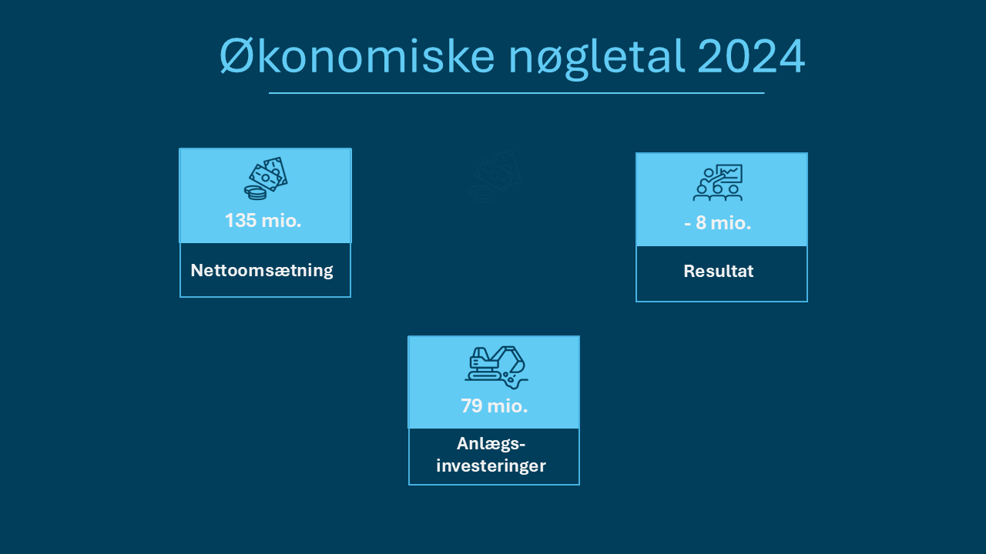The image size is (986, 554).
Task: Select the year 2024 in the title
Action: pyautogui.click(x=751, y=57)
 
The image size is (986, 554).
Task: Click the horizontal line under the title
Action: pyautogui.click(x=516, y=93)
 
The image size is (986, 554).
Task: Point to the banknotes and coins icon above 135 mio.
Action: pyautogui.click(x=266, y=179)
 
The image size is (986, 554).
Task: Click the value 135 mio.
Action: pyautogui.click(x=263, y=221)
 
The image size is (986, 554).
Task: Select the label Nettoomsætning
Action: pyautogui.click(x=262, y=270)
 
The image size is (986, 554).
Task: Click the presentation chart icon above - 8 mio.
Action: pyautogui.click(x=718, y=182)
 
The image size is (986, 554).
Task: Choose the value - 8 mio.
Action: pyautogui.click(x=718, y=223)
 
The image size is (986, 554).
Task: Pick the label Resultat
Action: pyautogui.click(x=719, y=272)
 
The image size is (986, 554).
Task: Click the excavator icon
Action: pyautogui.click(x=496, y=365)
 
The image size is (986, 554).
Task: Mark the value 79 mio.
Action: pyautogui.click(x=495, y=406)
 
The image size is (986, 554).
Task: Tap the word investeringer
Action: pyautogui.click(x=491, y=466)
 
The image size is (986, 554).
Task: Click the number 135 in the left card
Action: pyautogui.click(x=240, y=221)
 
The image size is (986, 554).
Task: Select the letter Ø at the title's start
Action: pyautogui.click(x=236, y=57)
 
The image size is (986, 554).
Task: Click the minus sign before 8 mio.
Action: pyautogui.click(x=687, y=224)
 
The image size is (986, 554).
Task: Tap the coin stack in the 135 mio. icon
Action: pyautogui.click(x=254, y=192)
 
